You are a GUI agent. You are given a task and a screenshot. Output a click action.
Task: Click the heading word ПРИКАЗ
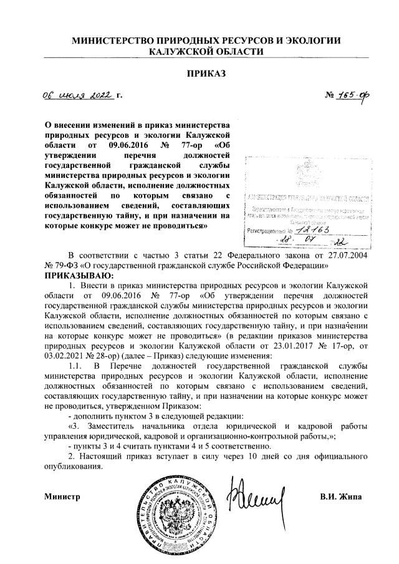(x=206, y=73)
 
